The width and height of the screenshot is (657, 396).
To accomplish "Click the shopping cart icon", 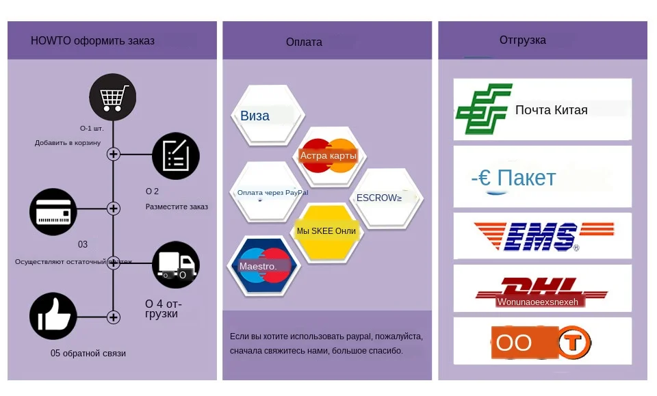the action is coord(112,97).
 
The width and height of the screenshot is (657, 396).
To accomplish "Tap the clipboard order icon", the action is coord(175,156).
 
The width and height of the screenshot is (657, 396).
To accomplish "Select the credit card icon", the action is coord(53,212).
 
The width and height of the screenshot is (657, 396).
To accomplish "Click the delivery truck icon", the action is coord(175,265).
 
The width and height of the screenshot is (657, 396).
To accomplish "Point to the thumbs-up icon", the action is coord(53,316).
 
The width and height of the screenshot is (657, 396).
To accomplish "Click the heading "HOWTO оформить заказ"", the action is coord(92,41).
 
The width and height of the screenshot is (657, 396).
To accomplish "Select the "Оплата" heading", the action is coord(304,42).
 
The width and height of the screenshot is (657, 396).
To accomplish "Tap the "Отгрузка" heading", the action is coord(523,40).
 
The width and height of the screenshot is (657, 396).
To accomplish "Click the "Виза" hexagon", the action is coord(255,116).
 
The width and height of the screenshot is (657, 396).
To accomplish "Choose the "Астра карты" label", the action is coord(328,156).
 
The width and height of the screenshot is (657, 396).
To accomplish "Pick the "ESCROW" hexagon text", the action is coord(379,198).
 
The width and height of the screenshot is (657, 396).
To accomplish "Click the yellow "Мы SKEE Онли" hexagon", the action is coord(326,231).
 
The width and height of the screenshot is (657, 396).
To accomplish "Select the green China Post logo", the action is coord(484,109).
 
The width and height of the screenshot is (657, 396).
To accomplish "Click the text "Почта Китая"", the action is coord(551,110).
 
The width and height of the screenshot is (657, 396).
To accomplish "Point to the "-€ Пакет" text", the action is coord(513,179).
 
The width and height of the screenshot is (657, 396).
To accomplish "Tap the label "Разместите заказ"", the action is coord(177,207).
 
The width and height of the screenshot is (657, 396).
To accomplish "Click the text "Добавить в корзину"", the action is coord(68,143).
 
